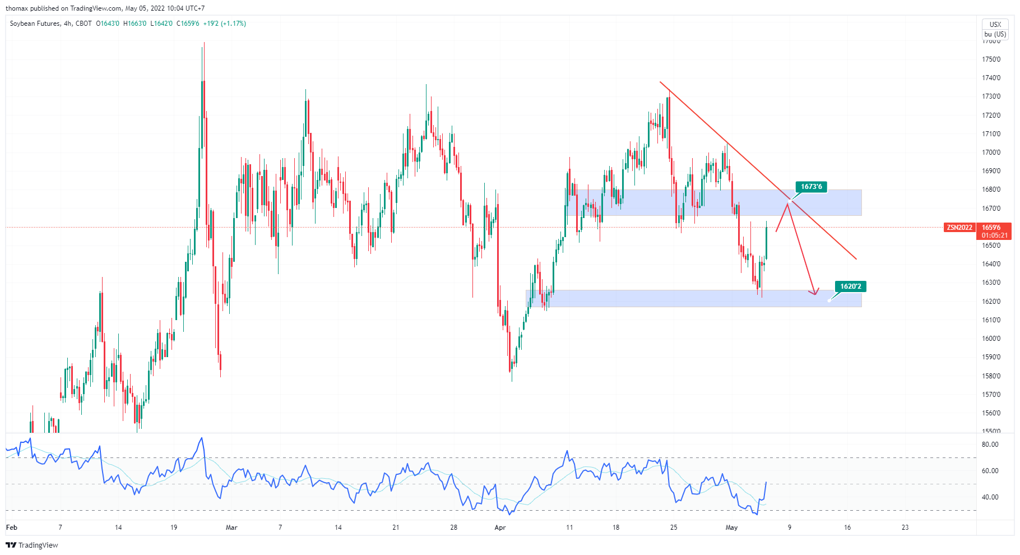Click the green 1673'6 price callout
point(811,187)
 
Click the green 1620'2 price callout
point(850,286)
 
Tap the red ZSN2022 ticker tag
point(959,228)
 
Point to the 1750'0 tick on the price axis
point(991,59)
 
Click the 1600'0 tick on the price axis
point(991,339)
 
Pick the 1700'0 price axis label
point(991,152)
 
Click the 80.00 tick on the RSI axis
point(990,445)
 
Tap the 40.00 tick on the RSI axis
point(990,497)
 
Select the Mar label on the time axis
point(231,528)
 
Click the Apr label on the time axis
point(500,528)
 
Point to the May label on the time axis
point(731,528)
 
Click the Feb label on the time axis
point(11,528)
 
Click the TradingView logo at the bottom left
point(32,545)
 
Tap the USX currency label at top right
point(995,25)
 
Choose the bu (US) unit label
point(995,34)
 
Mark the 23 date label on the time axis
point(905,528)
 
